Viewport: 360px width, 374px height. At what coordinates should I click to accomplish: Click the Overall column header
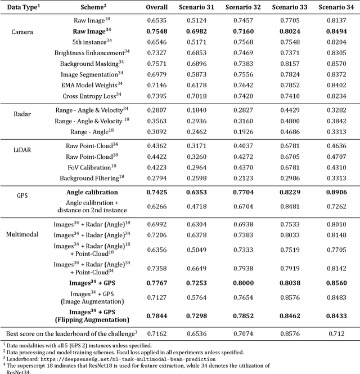point(156,7)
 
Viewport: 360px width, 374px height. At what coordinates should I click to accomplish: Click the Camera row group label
point(22,32)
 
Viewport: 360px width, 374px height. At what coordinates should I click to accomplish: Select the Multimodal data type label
point(23,233)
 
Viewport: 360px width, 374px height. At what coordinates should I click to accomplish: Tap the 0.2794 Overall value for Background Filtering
point(156,178)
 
